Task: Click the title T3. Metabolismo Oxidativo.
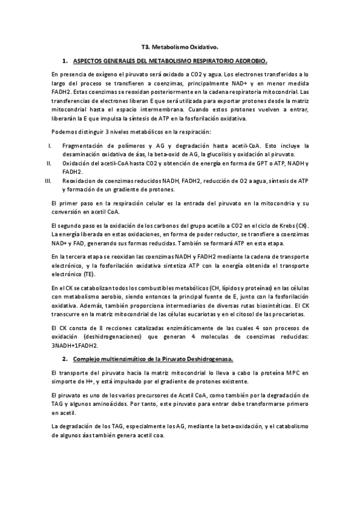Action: coord(180,46)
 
